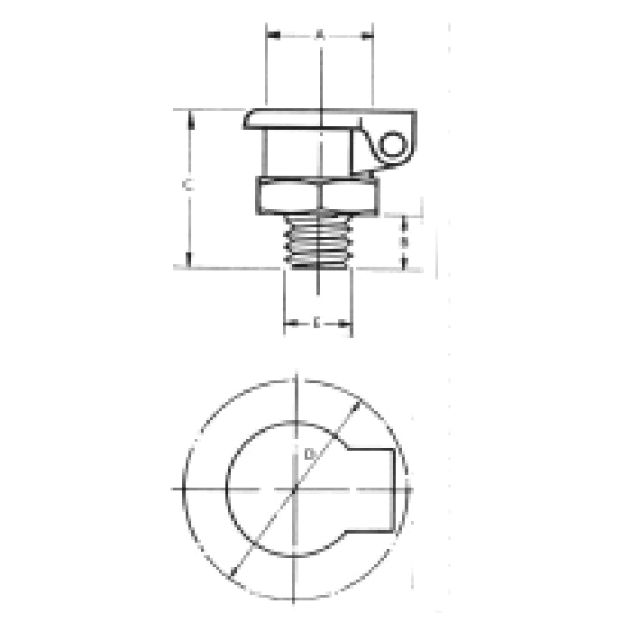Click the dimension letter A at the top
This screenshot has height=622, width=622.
point(319,35)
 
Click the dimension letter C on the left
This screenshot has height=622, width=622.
point(186,186)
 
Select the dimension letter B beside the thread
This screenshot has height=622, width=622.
point(405,242)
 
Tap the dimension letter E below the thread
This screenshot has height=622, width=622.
point(317,322)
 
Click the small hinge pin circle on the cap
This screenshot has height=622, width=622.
point(394,145)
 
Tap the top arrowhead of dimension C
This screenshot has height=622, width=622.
point(189,114)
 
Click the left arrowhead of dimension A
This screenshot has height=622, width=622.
point(270,36)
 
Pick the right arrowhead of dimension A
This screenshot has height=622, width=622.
point(369,36)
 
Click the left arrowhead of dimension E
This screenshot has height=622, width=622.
point(288,323)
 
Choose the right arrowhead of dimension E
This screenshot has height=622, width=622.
point(347,323)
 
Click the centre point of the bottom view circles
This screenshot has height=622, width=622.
point(297,488)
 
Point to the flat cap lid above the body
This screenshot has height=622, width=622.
point(306,118)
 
